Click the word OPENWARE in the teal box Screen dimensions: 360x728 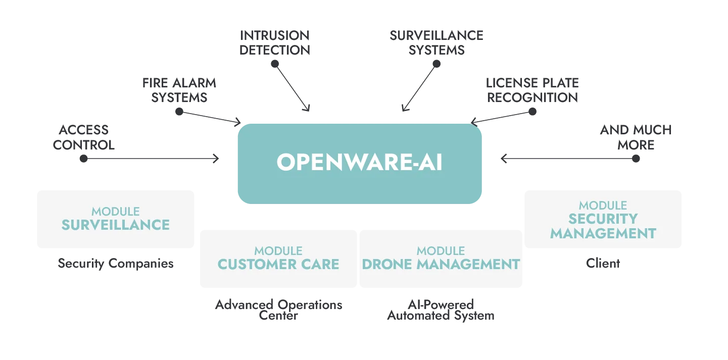338,162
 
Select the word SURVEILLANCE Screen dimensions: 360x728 116,225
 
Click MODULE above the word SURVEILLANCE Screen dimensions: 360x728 116,211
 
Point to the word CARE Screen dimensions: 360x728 320,264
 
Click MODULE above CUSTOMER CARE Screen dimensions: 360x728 278,250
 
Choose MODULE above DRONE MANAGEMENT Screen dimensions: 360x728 441,250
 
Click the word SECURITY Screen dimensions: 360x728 603,219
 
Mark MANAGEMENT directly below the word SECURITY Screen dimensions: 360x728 603,233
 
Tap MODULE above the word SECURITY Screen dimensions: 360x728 603,205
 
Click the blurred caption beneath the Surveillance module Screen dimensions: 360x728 115,264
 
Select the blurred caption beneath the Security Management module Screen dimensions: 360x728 604,264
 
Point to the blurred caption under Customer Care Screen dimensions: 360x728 278,311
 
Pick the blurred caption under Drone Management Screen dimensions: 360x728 440,311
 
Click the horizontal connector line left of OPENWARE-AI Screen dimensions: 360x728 152,160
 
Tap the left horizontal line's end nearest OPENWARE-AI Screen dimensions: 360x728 216,160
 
